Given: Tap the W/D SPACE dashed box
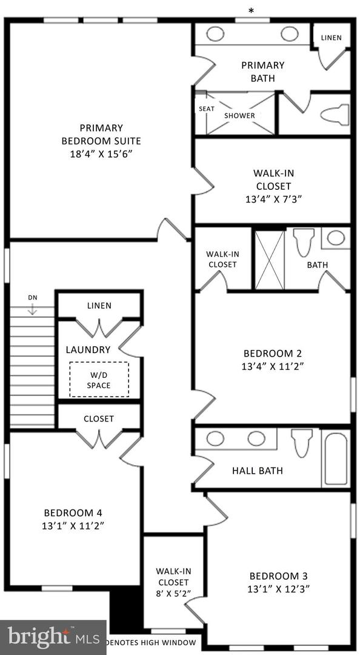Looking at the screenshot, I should click(x=99, y=379).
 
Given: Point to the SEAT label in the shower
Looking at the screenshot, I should click(x=207, y=109).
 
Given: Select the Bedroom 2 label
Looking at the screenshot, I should click(x=272, y=353).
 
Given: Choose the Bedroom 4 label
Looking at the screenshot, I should click(x=68, y=512).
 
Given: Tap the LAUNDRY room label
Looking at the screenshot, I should click(x=88, y=349).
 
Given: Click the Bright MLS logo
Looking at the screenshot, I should click(x=53, y=637).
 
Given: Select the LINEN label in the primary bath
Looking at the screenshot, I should click(x=331, y=38).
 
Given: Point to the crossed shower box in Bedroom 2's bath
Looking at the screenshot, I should click(x=270, y=260).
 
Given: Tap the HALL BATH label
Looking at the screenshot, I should click(x=258, y=471).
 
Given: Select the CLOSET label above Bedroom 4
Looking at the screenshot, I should click(x=99, y=418).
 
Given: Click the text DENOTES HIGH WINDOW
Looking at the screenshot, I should click(x=151, y=643).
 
